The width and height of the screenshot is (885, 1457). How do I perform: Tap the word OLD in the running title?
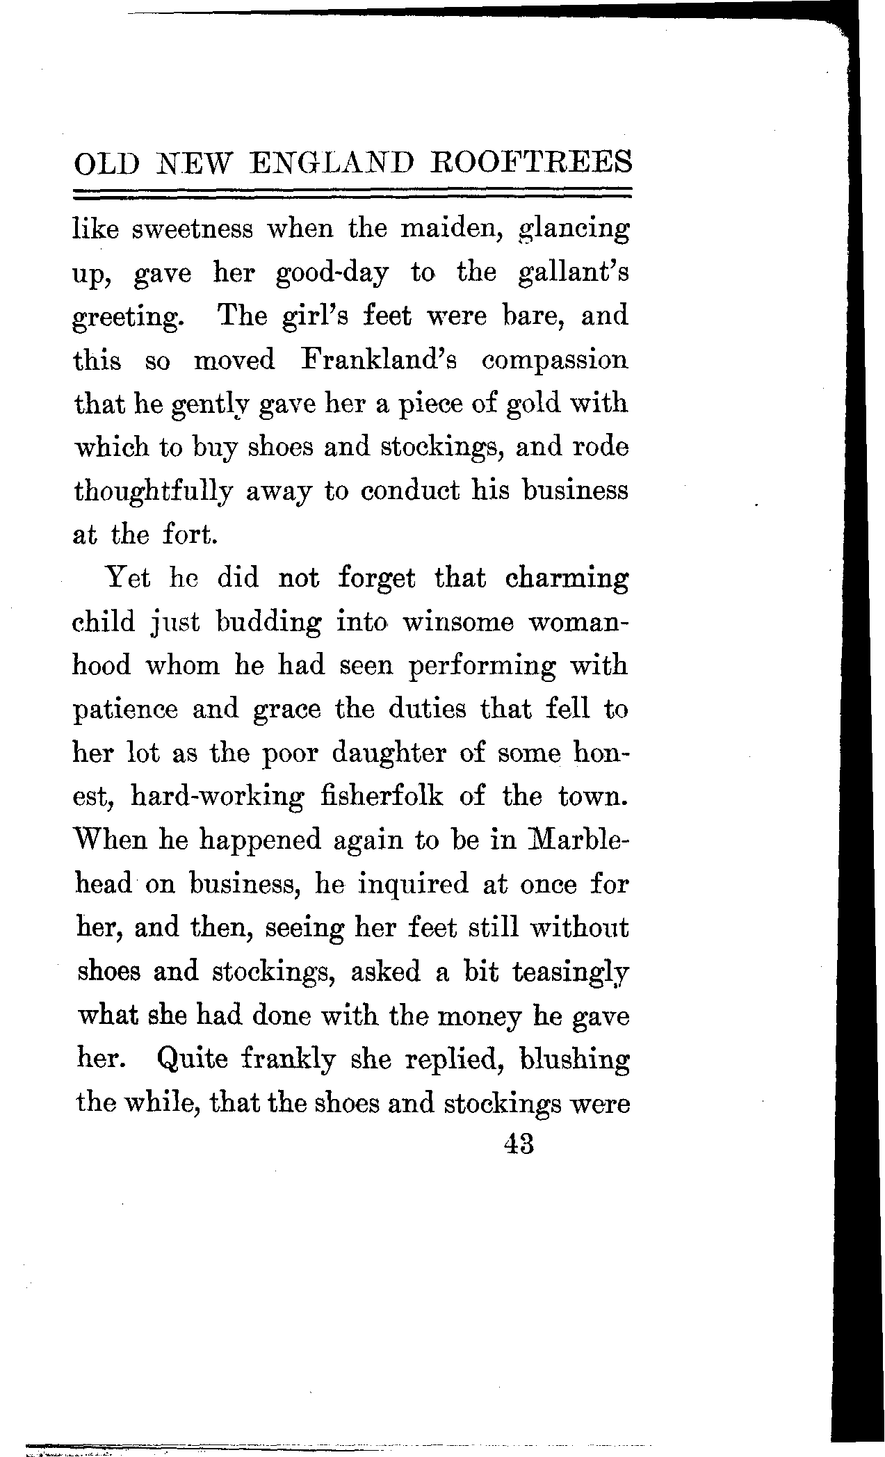(x=106, y=165)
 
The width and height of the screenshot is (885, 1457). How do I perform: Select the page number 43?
(x=518, y=1143)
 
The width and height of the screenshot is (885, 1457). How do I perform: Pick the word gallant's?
(x=573, y=273)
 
